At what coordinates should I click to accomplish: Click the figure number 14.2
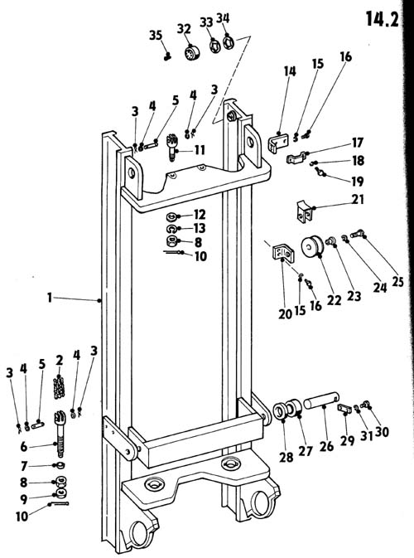coord(382,19)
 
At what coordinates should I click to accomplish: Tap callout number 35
coord(156,35)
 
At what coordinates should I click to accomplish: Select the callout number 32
coord(184,28)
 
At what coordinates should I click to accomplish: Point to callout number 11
coord(200,150)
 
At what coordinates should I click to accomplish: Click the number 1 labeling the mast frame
coord(50,298)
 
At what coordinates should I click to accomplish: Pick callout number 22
coord(334,300)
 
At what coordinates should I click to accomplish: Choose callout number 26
coord(326,445)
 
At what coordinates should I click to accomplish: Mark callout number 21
coord(359,199)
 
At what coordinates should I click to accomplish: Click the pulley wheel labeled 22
coord(312,246)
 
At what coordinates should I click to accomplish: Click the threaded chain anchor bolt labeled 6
coord(60,434)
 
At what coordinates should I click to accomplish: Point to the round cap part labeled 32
coord(193,53)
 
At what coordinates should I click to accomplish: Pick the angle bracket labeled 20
coord(283,253)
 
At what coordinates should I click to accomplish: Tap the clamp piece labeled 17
coord(297,158)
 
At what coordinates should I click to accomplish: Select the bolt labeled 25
coord(356,234)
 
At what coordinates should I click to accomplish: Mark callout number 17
coord(358,143)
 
